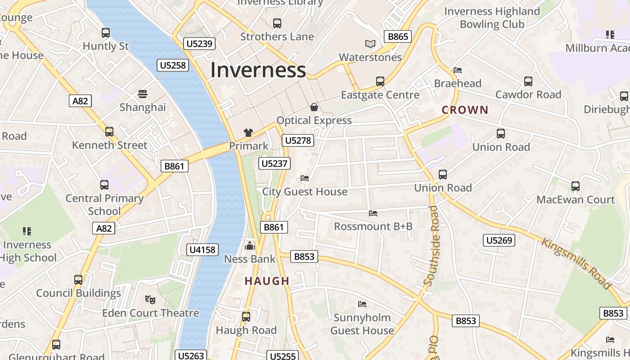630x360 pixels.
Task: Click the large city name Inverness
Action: click(258, 70)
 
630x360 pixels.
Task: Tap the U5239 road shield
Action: click(199, 44)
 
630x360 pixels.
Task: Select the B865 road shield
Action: click(398, 36)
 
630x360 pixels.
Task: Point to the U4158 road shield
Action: click(202, 249)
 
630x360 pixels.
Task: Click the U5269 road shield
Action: click(499, 240)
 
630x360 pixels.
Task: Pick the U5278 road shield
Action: click(298, 140)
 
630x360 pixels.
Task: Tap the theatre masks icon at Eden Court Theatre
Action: click(150, 299)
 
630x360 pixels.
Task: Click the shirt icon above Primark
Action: click(248, 132)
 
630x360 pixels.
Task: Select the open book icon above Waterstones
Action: click(370, 44)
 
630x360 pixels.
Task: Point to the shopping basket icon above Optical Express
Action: click(314, 107)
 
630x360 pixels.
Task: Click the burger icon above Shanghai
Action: click(143, 94)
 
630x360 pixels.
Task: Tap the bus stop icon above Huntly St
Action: click(106, 33)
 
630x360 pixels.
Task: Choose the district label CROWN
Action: click(465, 110)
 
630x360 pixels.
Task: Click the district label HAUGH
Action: click(267, 281)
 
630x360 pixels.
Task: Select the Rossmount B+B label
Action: click(373, 226)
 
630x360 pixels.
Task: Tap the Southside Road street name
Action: click(432, 246)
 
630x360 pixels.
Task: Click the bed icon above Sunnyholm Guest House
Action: click(362, 304)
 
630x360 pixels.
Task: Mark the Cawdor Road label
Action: click(528, 94)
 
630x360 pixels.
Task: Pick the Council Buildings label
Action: click(78, 293)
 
